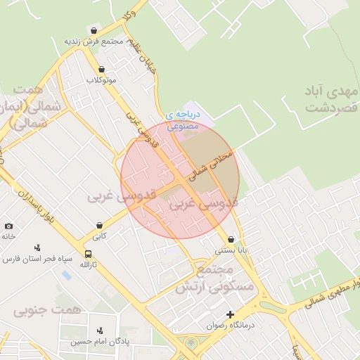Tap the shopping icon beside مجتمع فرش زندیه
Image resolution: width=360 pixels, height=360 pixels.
point(94,30)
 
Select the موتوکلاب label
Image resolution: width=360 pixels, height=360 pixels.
point(101,80)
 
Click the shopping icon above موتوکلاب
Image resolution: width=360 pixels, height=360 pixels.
point(102,70)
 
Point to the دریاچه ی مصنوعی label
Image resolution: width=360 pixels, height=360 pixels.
point(183,120)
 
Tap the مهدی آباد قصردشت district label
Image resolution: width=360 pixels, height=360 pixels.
point(332,99)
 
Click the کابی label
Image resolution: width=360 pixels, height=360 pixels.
point(100,236)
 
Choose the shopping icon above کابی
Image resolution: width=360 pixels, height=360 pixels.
point(100,226)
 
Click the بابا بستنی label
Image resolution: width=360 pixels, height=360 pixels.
point(231,250)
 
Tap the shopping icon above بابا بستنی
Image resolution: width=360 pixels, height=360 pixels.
point(231,239)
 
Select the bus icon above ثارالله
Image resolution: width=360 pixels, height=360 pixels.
point(88,254)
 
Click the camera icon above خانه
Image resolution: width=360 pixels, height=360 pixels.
point(8,226)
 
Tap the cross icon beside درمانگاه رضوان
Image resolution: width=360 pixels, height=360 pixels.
point(229,314)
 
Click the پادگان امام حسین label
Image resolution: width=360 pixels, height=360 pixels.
point(100,342)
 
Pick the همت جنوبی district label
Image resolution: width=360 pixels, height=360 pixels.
point(48,309)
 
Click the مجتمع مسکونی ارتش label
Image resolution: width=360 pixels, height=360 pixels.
point(218,279)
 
